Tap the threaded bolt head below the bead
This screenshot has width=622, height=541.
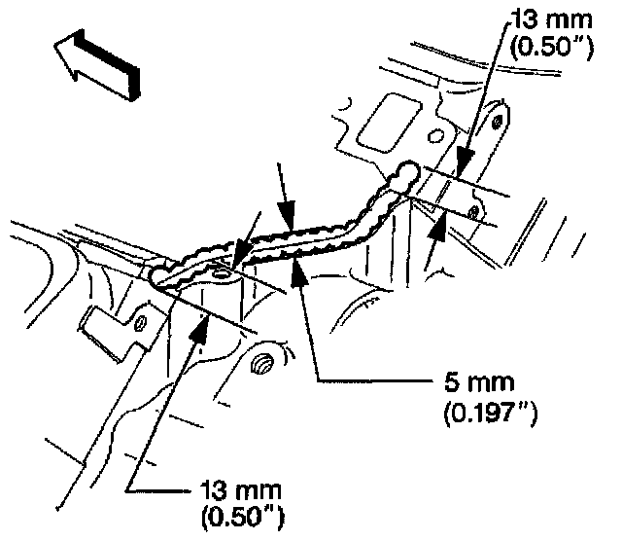261,366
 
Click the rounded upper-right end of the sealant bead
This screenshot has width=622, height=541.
408,173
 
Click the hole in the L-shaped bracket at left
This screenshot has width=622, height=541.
141,320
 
